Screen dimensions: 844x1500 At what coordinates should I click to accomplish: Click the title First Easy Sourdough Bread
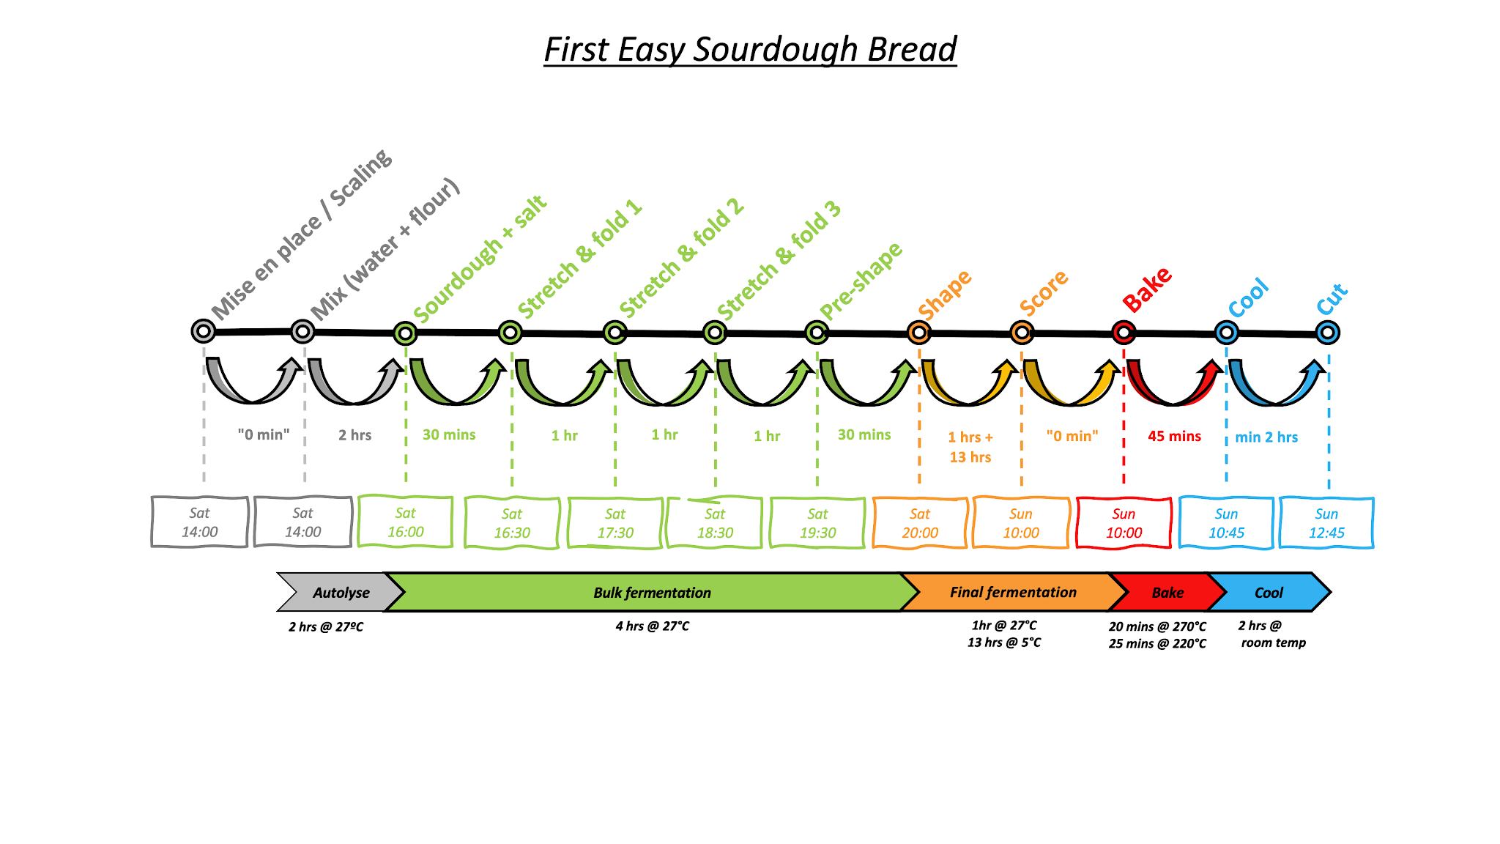click(x=750, y=50)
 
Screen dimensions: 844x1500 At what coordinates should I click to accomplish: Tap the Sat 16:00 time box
click(x=405, y=522)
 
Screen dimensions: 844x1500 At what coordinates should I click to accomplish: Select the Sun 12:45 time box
click(x=1326, y=523)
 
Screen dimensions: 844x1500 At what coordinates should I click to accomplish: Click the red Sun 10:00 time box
click(x=1124, y=523)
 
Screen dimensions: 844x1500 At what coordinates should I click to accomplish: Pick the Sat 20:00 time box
click(x=920, y=523)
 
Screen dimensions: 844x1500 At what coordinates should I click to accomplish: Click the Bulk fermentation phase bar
click(x=652, y=593)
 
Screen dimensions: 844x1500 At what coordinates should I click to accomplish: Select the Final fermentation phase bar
click(x=1013, y=592)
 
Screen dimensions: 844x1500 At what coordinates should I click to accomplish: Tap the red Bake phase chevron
click(x=1167, y=593)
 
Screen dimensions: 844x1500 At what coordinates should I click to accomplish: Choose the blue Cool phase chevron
click(x=1269, y=593)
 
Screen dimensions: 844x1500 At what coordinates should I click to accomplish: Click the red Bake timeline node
click(x=1124, y=333)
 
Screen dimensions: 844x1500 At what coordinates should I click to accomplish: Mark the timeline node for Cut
click(x=1327, y=333)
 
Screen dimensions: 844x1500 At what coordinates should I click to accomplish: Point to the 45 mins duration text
click(x=1174, y=436)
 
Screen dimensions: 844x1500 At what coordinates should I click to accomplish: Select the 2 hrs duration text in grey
click(x=354, y=435)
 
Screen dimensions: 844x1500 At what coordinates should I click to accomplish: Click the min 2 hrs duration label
click(x=1266, y=437)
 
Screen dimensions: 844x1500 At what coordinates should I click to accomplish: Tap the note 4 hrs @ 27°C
click(x=652, y=626)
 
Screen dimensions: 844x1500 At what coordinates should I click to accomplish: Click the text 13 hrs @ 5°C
click(x=1004, y=643)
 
